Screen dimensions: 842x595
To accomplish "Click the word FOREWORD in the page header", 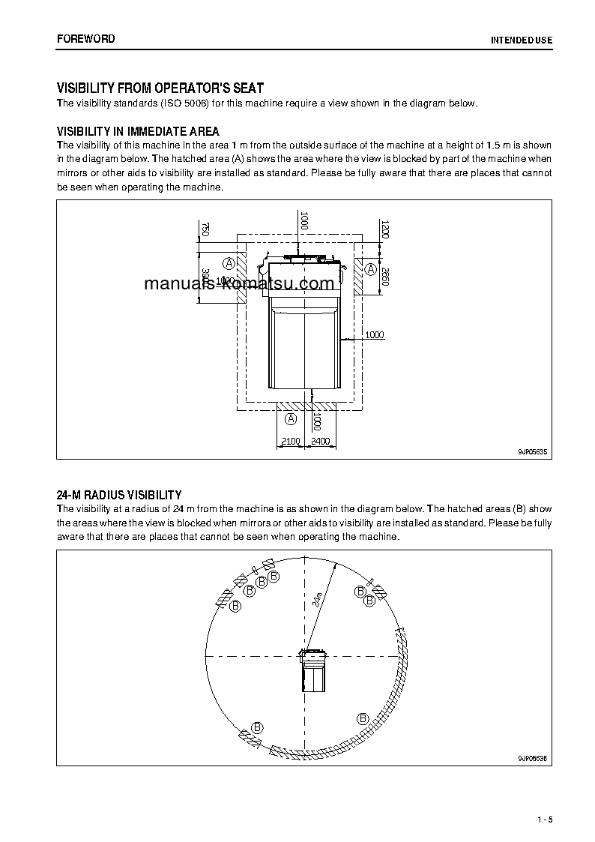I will (86, 38).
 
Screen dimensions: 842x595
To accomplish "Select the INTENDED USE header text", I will (522, 40).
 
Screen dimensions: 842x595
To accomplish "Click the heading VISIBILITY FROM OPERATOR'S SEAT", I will (160, 88).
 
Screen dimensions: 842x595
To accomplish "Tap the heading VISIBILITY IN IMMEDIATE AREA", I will (138, 132).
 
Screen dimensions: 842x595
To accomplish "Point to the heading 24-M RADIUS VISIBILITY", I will (119, 495).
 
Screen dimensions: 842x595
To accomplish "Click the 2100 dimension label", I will (290, 442).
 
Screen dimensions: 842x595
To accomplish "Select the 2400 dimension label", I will (320, 442).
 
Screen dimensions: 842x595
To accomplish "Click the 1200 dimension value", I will (384, 229).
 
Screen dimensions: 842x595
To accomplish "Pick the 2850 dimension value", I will (384, 276).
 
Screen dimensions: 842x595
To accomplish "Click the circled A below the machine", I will (292, 418).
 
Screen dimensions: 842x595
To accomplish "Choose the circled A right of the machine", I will (370, 268).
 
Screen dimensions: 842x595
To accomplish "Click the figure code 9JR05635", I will (532, 452).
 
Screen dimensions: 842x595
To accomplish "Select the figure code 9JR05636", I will (532, 758).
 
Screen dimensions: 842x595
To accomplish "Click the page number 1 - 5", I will (545, 819).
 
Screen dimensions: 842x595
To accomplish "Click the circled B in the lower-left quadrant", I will (257, 727).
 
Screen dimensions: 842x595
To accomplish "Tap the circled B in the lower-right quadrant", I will (363, 718).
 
